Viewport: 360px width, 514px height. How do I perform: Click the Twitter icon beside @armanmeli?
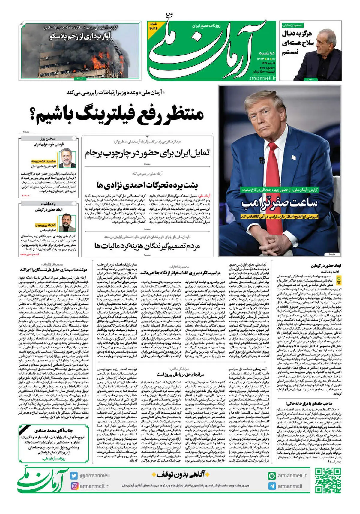pos(74,476)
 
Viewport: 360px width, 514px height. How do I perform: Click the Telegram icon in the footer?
pos(272,486)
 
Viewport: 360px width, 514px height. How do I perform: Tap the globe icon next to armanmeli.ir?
pos(272,476)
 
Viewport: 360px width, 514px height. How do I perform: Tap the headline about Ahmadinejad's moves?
pos(147,185)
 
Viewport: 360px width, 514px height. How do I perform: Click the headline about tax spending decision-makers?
pos(147,246)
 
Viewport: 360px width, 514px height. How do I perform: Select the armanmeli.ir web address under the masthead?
pos(262,78)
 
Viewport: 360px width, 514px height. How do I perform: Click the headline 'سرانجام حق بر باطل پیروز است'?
pos(180,374)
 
